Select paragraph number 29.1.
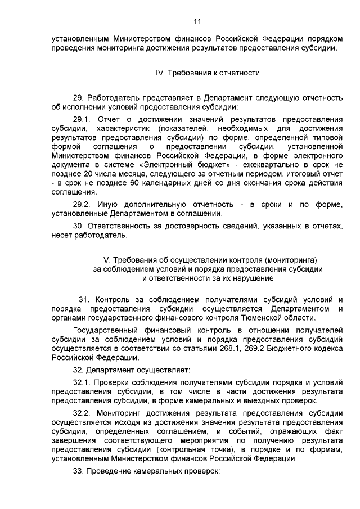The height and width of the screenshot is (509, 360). click(x=83, y=120)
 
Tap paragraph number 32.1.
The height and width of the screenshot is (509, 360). click(x=83, y=382)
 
